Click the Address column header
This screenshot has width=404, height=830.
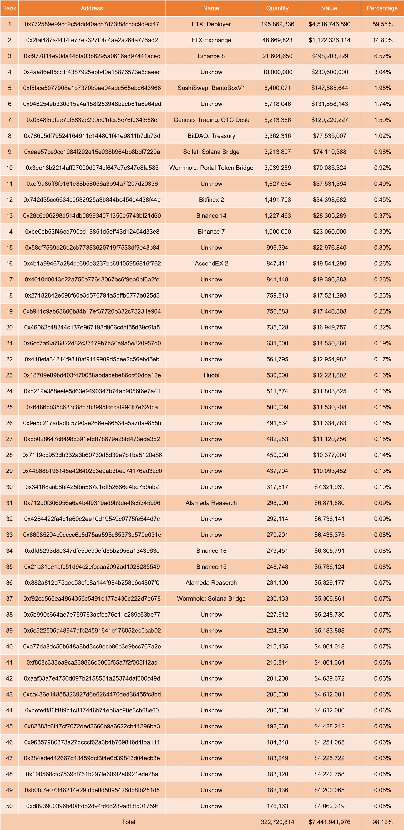(92, 8)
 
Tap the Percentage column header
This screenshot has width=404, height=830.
(382, 8)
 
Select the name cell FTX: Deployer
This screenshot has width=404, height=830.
(211, 24)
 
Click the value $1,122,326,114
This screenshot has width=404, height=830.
(329, 40)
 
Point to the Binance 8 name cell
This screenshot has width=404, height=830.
(211, 56)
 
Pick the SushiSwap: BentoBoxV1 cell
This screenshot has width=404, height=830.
(211, 88)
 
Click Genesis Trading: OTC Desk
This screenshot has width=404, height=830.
(211, 120)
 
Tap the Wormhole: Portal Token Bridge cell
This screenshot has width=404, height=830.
(211, 168)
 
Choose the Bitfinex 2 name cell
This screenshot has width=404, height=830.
(211, 199)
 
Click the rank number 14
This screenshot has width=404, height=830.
(9, 231)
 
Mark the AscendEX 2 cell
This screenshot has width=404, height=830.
(211, 263)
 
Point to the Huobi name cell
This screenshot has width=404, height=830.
(211, 375)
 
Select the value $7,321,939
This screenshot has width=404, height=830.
(329, 487)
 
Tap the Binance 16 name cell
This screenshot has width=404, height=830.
(211, 551)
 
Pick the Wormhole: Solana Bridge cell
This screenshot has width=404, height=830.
(211, 598)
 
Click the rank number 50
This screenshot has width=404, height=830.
(9, 806)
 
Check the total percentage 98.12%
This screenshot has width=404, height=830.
(382, 822)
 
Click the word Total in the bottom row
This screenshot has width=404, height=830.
(128, 822)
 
